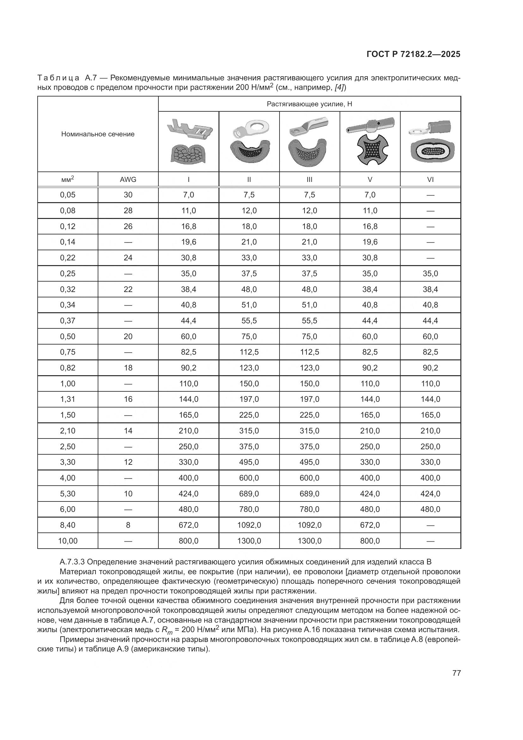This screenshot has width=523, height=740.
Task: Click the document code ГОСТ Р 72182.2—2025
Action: pos(413,54)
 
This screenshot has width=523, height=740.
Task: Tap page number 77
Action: pos(456,673)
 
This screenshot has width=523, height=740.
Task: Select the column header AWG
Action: pos(128,179)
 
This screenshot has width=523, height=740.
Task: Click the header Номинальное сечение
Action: pos(98,134)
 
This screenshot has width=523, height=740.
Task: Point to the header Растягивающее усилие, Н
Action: pos(309,104)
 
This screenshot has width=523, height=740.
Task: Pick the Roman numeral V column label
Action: pos(370,179)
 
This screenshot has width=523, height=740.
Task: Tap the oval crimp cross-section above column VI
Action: pos(431,151)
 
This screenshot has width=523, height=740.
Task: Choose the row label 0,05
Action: pos(68,195)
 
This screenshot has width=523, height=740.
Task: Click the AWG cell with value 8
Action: pos(128,525)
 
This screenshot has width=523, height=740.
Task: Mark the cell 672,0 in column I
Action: pos(188,525)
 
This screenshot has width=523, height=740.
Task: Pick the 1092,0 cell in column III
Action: pos(309,525)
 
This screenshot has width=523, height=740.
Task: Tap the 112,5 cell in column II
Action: pos(249,352)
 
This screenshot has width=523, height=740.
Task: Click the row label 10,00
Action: pos(68,541)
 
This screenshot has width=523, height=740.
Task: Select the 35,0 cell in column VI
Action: pos(430,273)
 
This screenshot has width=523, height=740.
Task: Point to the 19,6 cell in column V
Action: pos(370,242)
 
